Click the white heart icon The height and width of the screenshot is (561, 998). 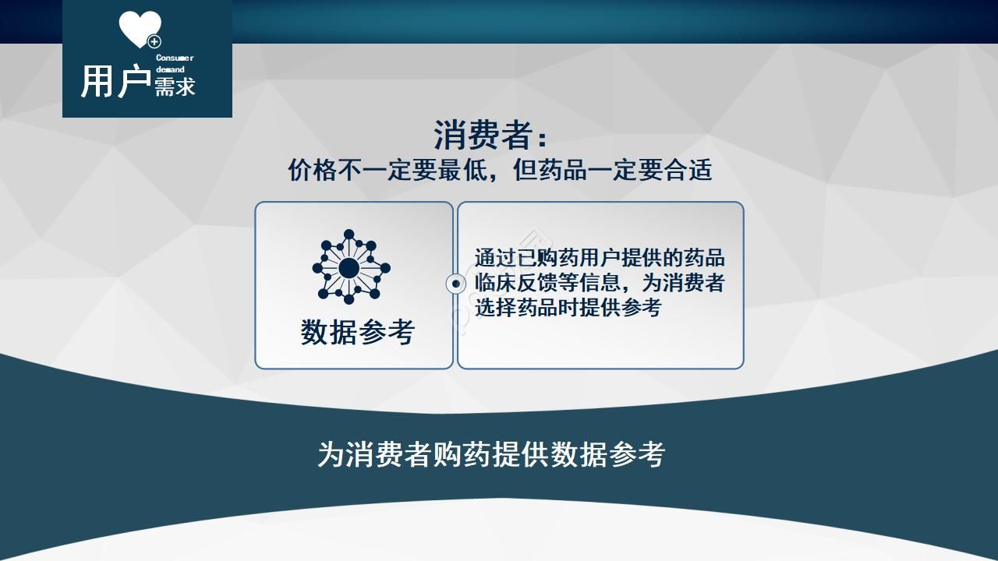coord(139,29)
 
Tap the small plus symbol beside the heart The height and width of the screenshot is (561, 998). coord(154,41)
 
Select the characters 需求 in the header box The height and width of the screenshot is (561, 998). coord(175,86)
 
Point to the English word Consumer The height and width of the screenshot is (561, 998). coord(175,58)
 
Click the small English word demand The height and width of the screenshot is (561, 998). coord(170,69)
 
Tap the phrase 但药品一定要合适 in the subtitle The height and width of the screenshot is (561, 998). coord(612,170)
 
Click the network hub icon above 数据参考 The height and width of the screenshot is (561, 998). coord(350,267)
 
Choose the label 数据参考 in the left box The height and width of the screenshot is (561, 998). coord(357,332)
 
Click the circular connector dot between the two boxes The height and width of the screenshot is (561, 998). coord(455,284)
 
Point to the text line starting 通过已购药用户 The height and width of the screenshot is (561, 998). coord(599,258)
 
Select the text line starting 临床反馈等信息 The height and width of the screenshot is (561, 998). coord(599,283)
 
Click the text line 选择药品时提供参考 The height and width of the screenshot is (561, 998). coord(568,308)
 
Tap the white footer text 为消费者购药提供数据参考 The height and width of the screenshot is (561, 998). coord(491,454)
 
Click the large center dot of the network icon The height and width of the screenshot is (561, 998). coord(349,268)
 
